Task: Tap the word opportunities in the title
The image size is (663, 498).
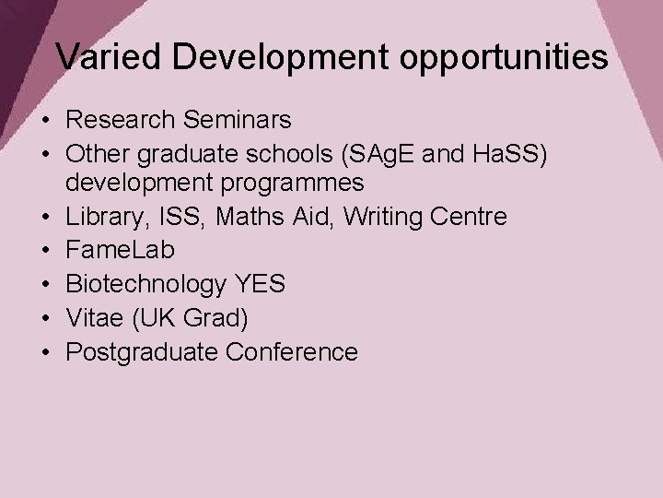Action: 504,58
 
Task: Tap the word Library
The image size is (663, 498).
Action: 100,217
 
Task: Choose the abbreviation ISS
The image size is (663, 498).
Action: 169,217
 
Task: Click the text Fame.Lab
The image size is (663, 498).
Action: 121,250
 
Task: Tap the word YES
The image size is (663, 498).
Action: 260,283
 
